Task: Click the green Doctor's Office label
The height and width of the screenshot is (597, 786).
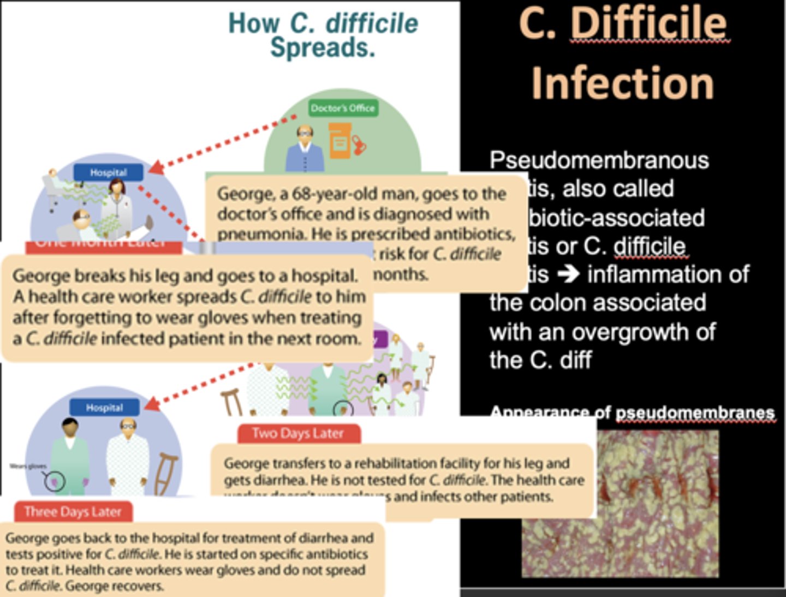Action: [x=342, y=108]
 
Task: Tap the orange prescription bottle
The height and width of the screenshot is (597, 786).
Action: [x=340, y=141]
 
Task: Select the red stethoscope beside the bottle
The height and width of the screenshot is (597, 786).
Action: [x=360, y=145]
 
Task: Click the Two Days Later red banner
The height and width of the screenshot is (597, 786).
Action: [x=298, y=434]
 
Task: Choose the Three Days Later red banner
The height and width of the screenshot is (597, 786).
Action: [x=73, y=512]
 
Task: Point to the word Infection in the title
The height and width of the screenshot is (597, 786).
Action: [x=623, y=83]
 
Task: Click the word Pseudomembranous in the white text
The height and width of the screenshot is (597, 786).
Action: [x=599, y=160]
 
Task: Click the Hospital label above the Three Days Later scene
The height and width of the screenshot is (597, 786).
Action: [x=104, y=408]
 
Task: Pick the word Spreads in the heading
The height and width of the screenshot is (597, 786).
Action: [x=323, y=48]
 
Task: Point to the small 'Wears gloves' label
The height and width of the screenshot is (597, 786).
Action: [x=28, y=466]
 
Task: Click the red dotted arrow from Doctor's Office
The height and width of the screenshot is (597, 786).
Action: [x=224, y=142]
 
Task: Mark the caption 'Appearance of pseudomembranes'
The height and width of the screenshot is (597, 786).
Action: [x=632, y=413]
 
